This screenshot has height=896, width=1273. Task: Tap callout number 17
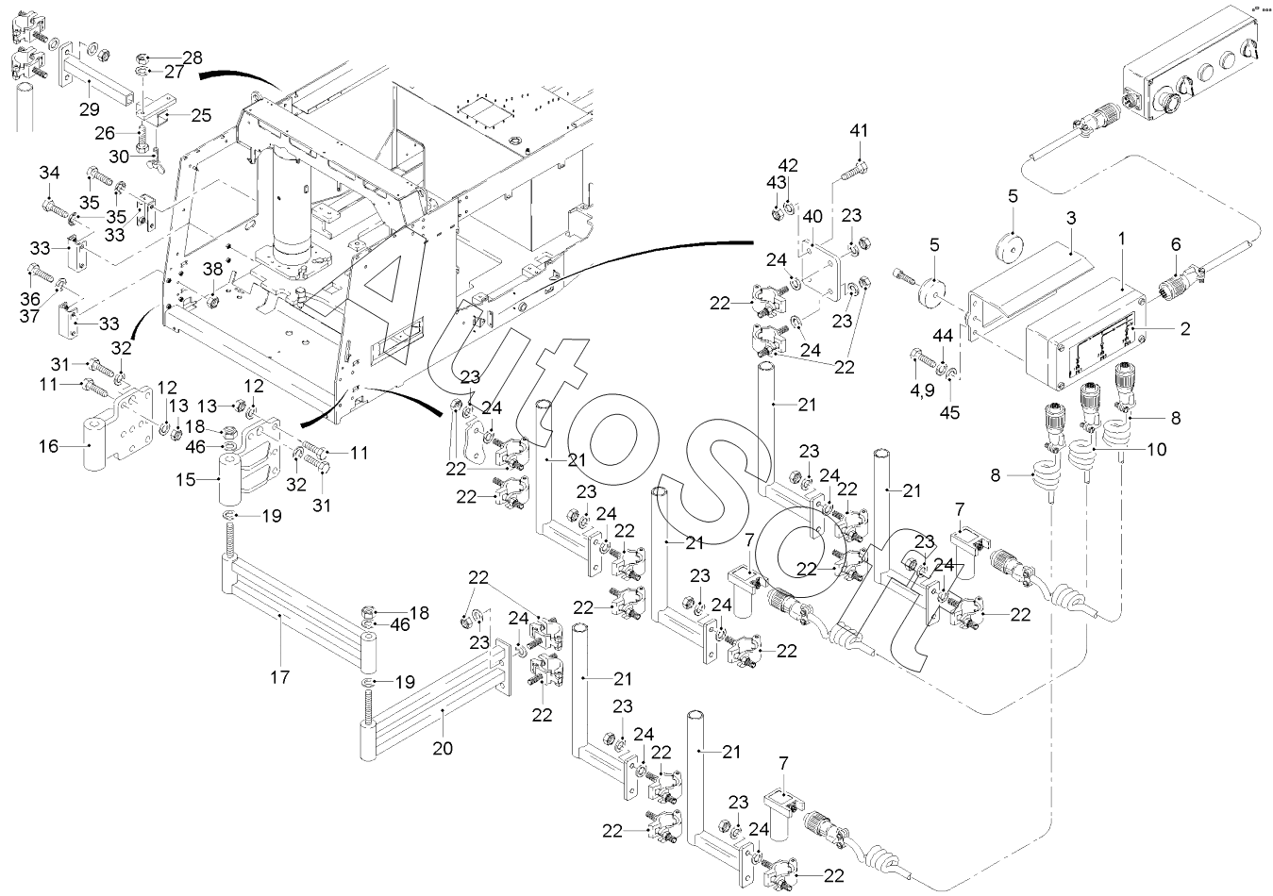pos(280,675)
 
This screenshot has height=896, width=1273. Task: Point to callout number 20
pos(443,748)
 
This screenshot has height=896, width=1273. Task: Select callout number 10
pos(1157,450)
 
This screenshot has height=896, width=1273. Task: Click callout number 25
pos(202,115)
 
